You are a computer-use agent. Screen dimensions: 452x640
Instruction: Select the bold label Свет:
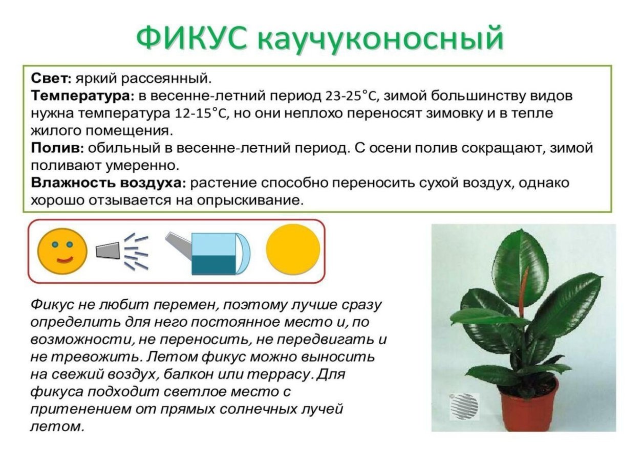click(51, 78)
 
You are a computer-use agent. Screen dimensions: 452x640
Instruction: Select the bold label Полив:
click(57, 148)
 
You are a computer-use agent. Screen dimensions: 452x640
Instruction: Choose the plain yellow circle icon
click(293, 251)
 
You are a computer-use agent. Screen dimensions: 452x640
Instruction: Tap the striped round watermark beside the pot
click(464, 403)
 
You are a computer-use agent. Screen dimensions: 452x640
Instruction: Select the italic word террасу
click(279, 374)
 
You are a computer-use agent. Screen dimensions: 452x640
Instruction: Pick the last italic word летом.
click(57, 426)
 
